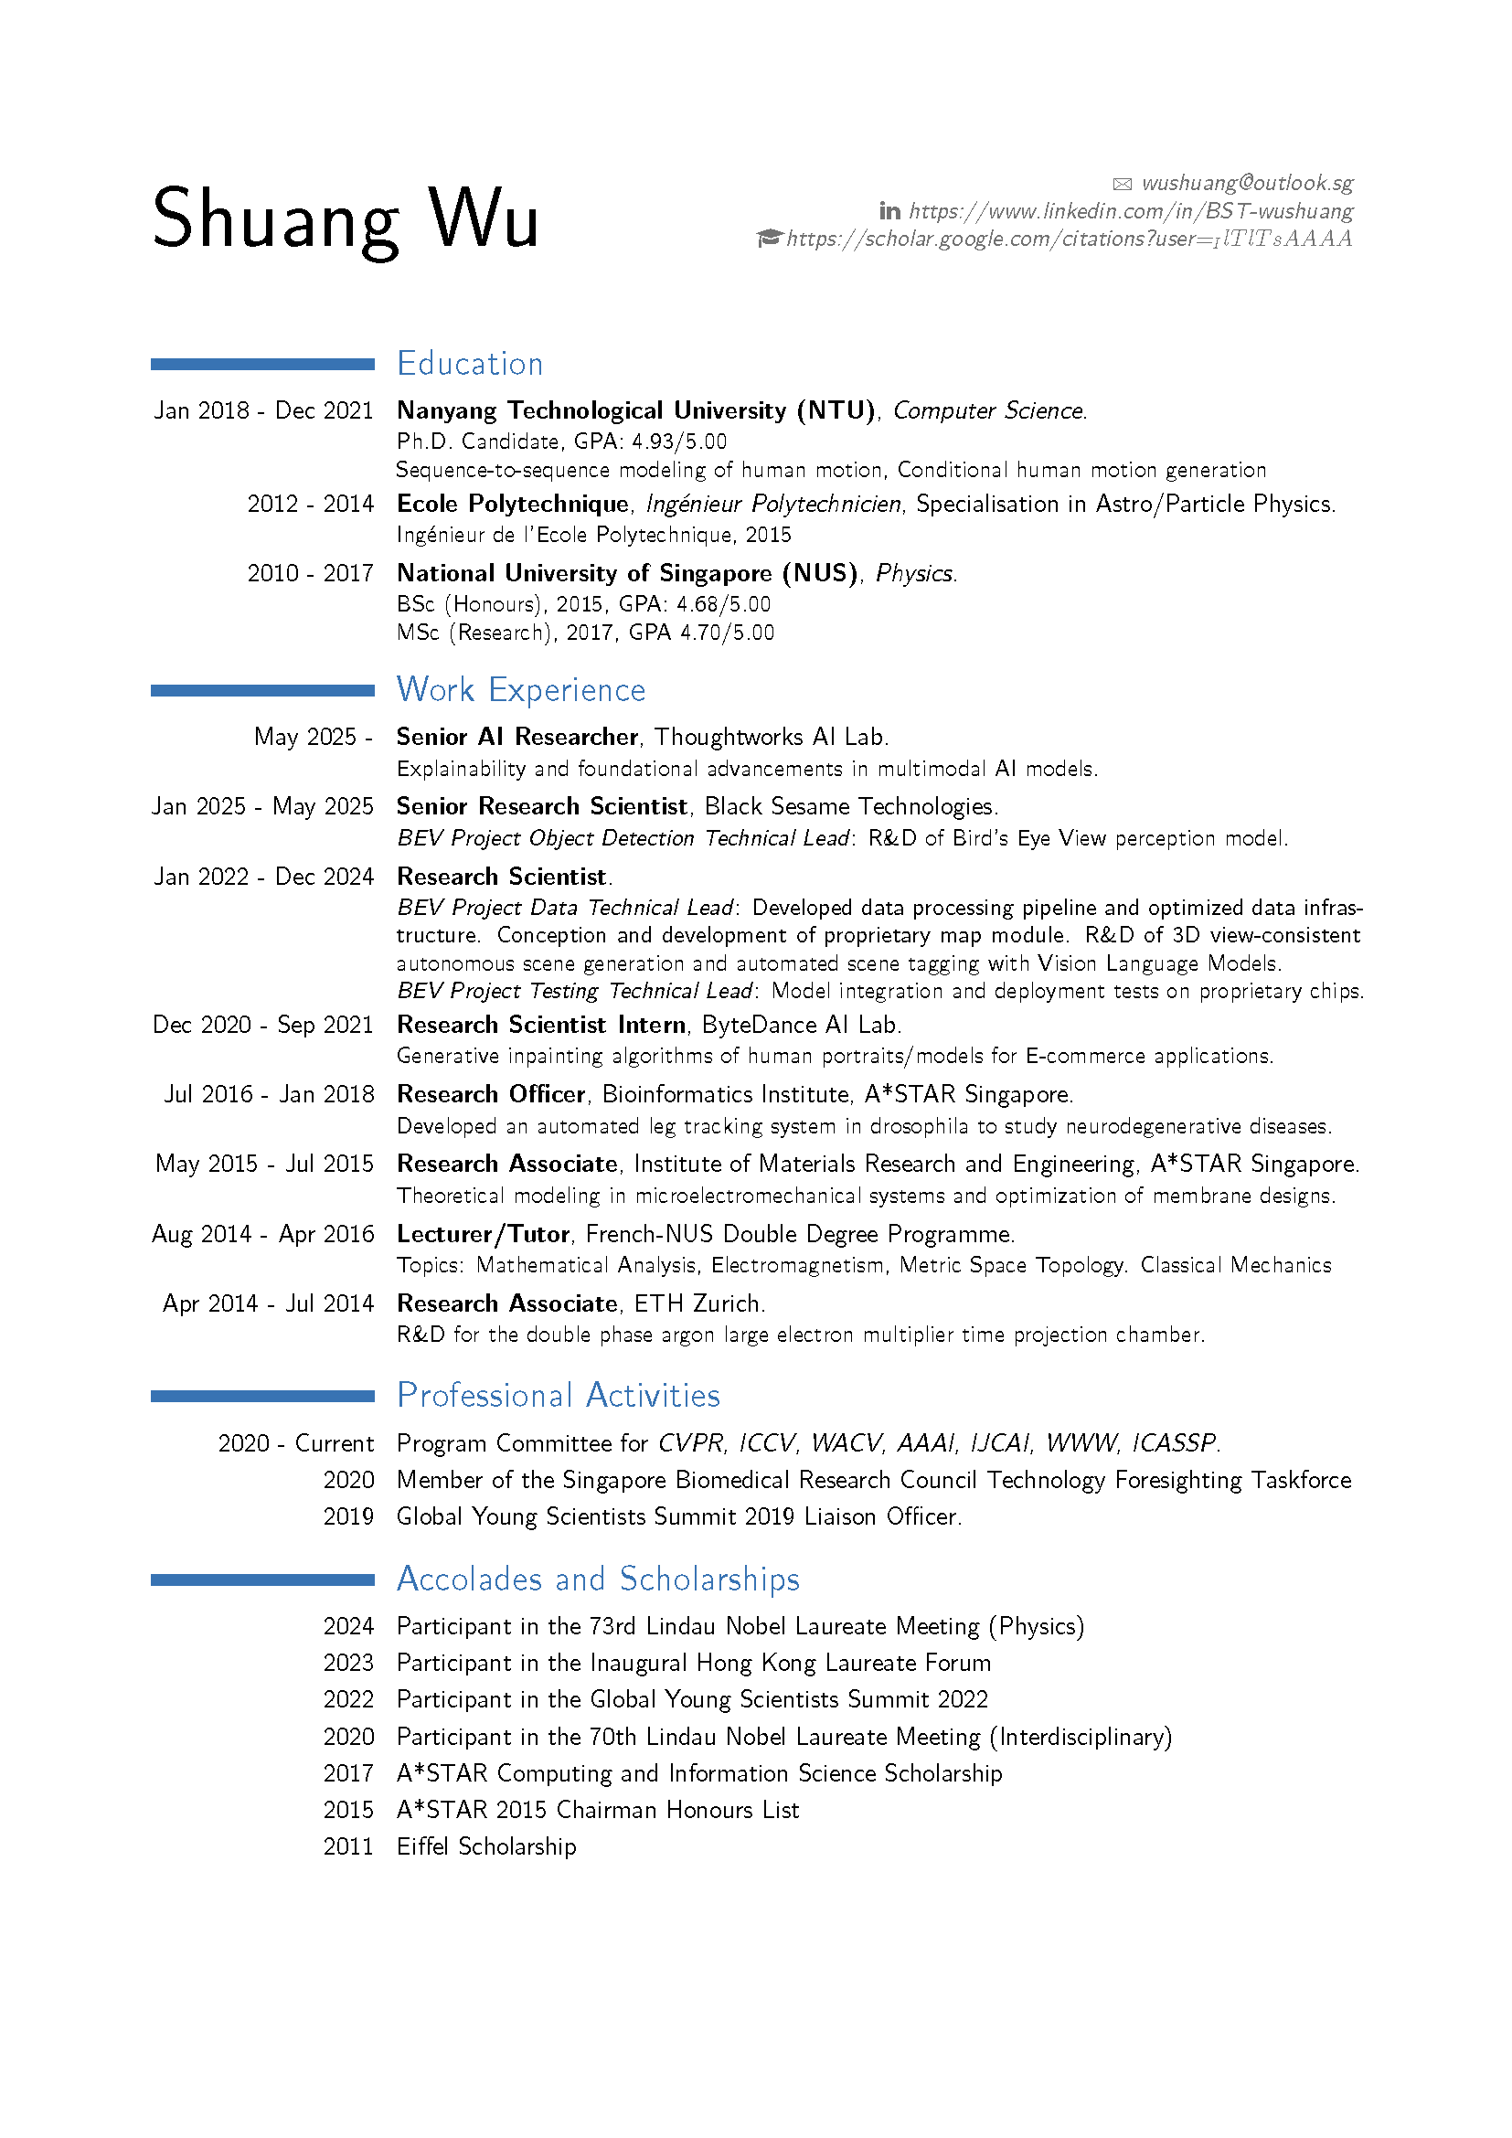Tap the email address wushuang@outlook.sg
tap(1247, 183)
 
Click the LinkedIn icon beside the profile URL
tap(889, 211)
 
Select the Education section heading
tap(469, 363)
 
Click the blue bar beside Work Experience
tap(261, 690)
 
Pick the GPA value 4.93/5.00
tap(678, 441)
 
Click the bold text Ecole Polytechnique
tap(512, 504)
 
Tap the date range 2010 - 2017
tap(310, 573)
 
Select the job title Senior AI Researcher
tap(516, 737)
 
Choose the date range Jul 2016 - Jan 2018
tap(269, 1094)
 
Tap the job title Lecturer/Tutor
tap(483, 1234)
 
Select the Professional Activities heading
tap(558, 1395)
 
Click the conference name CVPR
tap(690, 1442)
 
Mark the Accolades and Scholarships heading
tap(598, 1579)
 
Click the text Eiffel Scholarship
tap(486, 1845)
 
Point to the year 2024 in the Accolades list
tap(348, 1626)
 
